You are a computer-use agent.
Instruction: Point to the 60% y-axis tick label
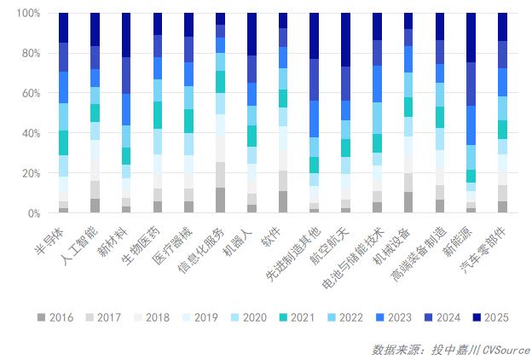28,93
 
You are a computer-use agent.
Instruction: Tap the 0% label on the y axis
32,213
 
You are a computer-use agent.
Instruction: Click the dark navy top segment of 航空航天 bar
345,40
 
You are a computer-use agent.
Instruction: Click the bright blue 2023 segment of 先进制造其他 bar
315,119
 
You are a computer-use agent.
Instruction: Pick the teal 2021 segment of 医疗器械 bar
189,120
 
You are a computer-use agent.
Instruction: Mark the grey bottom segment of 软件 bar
283,201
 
